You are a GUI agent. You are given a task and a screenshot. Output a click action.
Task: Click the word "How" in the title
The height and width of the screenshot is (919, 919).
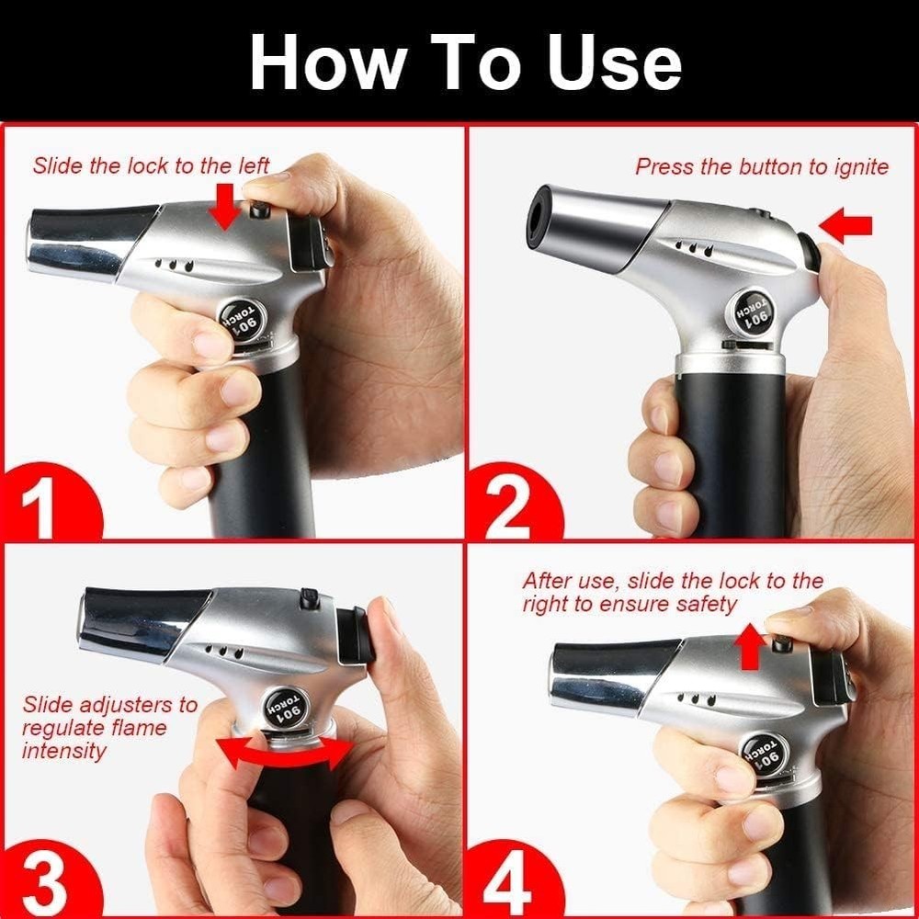click(326, 62)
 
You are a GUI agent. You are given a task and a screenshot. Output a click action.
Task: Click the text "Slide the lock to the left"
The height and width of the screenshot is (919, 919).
click(151, 165)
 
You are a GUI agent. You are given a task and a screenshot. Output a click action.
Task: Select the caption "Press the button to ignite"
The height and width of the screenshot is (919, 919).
click(762, 166)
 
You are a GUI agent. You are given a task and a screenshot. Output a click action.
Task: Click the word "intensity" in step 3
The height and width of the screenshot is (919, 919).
click(64, 750)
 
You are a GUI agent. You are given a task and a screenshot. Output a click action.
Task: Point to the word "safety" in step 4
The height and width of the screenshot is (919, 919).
click(703, 604)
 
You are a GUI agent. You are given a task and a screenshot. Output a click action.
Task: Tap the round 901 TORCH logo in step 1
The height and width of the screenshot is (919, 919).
click(244, 320)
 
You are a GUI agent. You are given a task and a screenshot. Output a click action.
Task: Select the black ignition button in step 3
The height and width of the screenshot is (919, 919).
click(356, 633)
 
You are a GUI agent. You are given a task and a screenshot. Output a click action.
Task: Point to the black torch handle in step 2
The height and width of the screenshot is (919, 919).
click(731, 450)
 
